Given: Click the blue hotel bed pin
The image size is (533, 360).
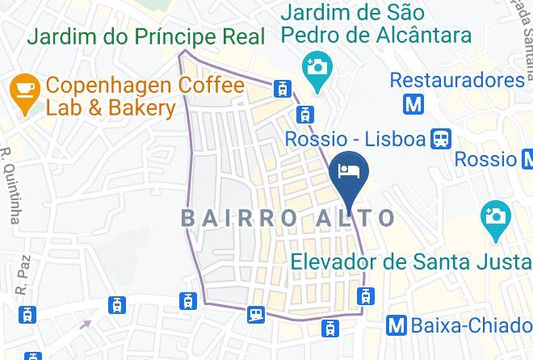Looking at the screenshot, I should (x=350, y=171).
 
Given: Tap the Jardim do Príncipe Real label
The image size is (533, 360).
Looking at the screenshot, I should (x=145, y=36).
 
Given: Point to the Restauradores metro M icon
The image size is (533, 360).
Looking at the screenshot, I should (x=415, y=104).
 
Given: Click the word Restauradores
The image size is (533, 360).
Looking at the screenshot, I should (x=457, y=80).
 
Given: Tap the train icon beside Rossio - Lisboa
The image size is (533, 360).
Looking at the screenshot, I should (x=441, y=139).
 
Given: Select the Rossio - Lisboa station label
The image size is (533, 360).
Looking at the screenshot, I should (x=355, y=140).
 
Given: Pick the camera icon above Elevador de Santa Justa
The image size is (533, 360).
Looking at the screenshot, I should (x=493, y=216).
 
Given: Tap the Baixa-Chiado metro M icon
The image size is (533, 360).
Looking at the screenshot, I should (x=396, y=325).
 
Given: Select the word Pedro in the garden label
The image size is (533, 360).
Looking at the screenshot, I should (x=313, y=36).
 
